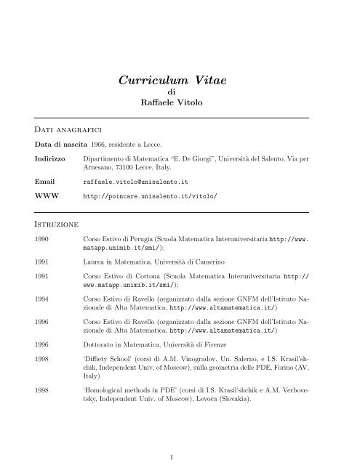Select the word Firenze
[x=237, y=339]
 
